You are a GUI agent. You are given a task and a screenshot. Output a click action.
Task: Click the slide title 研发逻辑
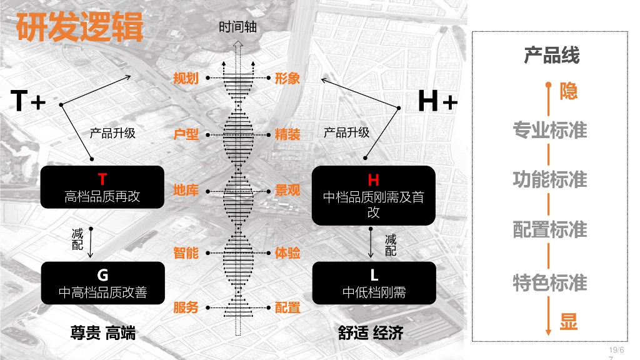coord(79,27)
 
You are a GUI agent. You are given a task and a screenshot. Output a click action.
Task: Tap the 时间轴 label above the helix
coord(237,27)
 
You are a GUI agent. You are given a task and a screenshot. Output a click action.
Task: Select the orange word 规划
coord(186,78)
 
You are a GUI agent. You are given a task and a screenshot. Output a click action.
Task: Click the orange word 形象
coord(287,78)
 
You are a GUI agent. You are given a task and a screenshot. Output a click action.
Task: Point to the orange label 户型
coord(186,134)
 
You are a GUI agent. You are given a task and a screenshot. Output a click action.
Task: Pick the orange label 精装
coord(287,134)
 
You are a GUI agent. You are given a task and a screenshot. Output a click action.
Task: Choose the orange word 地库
coord(186,190)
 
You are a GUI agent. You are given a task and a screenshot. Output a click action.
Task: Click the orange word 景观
coord(287,190)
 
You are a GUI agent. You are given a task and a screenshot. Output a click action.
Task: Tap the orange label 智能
coord(186,252)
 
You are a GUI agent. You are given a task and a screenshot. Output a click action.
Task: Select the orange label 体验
coord(287,252)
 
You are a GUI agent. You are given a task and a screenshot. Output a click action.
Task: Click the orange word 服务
coord(186,307)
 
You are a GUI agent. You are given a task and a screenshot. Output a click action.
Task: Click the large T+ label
coord(29,101)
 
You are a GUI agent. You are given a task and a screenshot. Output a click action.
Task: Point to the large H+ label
coord(437,101)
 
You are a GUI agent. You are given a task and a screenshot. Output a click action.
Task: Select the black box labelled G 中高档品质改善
coord(102,283)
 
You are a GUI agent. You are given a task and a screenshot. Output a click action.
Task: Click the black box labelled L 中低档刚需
coord(374,283)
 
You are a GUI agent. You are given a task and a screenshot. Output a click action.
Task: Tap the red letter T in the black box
coord(102,180)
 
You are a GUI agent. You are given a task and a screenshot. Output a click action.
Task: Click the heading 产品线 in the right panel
coord(551,55)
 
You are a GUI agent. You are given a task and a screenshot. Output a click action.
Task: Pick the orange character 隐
coord(568,91)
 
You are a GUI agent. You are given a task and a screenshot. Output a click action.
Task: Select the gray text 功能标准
coord(550,179)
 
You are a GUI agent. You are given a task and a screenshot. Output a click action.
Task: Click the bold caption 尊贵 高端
coord(102,333)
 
